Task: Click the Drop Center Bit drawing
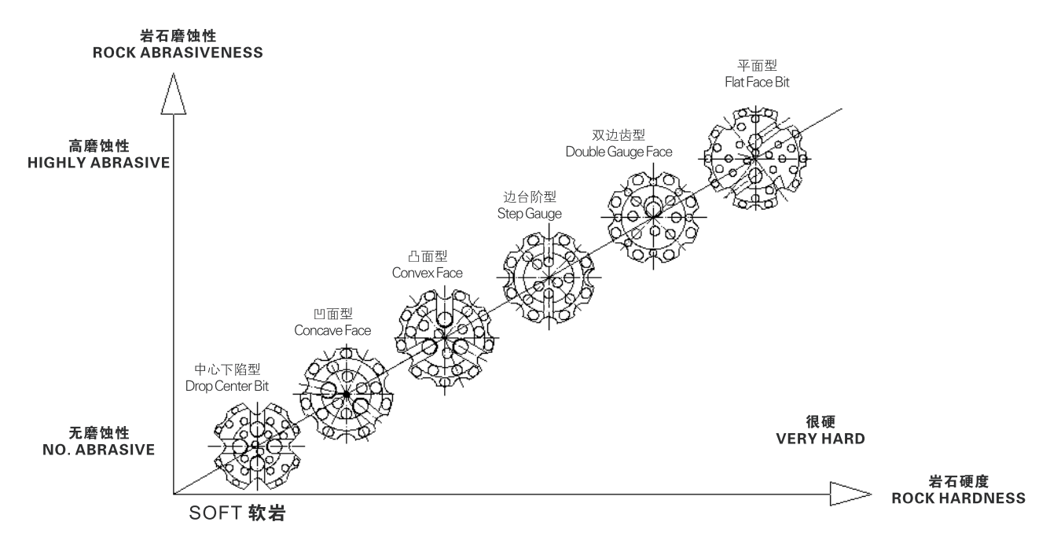point(256,446)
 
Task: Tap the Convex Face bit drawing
point(445,338)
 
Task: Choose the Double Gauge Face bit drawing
point(652,216)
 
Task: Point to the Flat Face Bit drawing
point(754,157)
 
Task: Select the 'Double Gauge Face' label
point(619,151)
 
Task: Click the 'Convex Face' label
point(427,273)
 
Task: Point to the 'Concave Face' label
point(332,330)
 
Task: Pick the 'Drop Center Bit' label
point(227,386)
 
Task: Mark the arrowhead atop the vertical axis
point(172,92)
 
